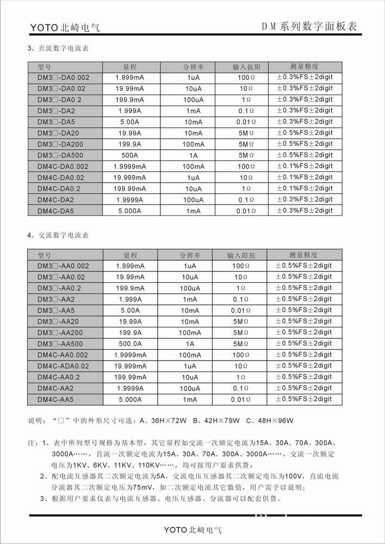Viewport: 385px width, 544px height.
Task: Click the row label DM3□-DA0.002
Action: pos(63,77)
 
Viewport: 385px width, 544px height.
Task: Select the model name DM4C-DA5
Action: pos(55,211)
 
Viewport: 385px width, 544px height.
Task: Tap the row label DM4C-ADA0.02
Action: pos(63,366)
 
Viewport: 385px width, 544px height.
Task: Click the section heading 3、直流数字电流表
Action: pos(58,48)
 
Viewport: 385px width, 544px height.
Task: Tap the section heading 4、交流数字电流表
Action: pos(58,236)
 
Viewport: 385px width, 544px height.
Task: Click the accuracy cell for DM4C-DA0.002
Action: pos(304,166)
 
